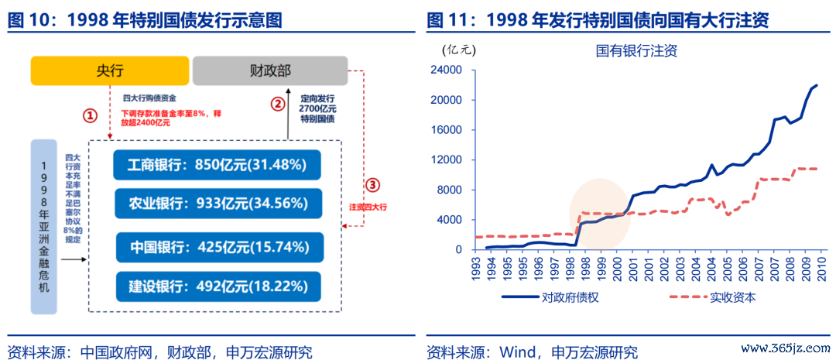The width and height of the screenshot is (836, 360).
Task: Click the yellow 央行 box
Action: pos(110,70)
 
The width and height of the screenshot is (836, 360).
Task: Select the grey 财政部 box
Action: pos(270,70)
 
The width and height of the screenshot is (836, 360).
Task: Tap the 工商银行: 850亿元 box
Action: pos(217,165)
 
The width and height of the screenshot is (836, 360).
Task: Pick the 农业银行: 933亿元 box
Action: pos(217,203)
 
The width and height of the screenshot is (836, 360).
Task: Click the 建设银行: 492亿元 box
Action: pos(218,286)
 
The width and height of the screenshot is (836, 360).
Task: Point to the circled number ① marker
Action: pos(91,115)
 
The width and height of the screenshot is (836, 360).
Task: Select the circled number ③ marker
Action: pos(372,185)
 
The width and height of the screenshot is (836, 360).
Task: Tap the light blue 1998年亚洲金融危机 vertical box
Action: pos(43,227)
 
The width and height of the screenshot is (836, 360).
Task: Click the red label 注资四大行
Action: pos(368,207)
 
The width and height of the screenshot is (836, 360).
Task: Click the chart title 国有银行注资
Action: pos(636,50)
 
